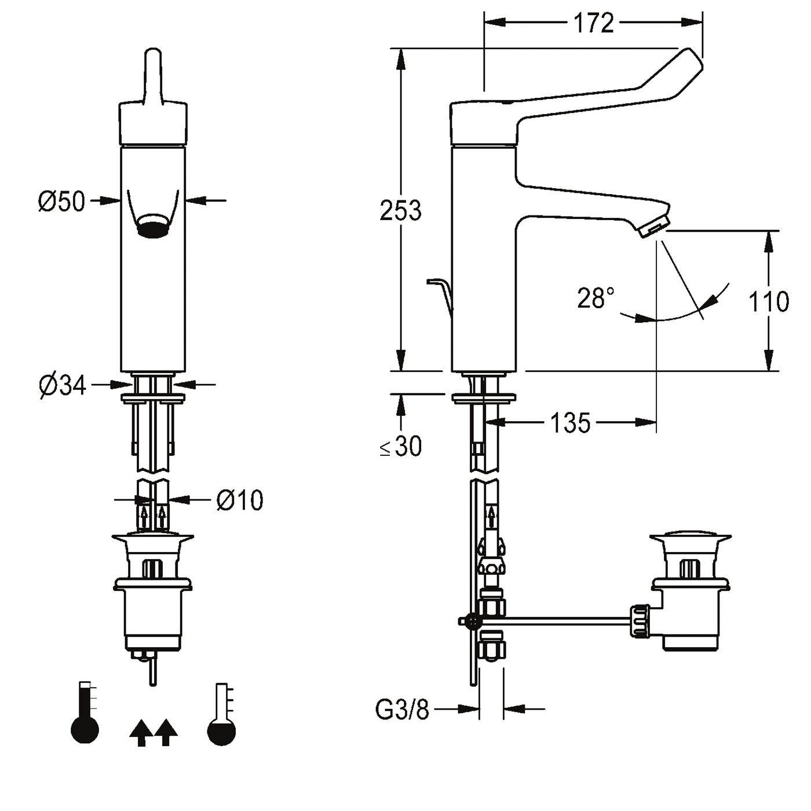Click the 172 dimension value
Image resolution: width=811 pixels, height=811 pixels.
(x=593, y=23)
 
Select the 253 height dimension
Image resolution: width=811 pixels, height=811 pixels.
(x=400, y=210)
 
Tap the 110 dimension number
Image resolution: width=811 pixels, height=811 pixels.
(x=769, y=301)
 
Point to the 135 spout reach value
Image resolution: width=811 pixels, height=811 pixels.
(x=570, y=422)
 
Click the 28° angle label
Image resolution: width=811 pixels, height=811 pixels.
(x=596, y=298)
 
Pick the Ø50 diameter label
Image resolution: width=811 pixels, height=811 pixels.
(x=61, y=201)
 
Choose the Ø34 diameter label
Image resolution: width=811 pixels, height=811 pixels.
(x=63, y=385)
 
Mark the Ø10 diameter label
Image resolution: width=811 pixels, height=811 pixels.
(x=240, y=500)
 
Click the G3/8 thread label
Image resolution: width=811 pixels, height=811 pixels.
(x=402, y=709)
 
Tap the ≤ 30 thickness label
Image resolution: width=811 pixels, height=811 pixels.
(x=401, y=446)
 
